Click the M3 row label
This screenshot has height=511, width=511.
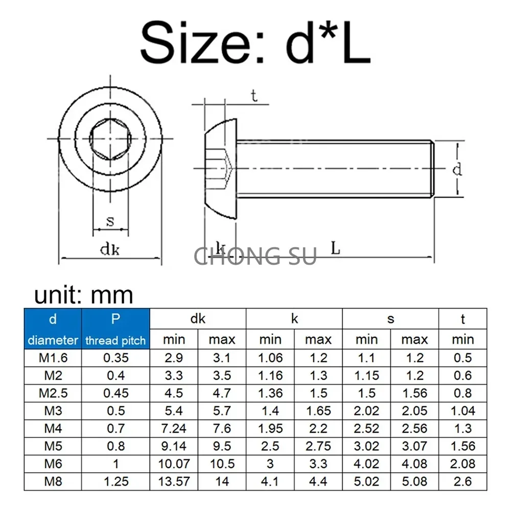(53, 411)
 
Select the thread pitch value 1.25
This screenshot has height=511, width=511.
(115, 481)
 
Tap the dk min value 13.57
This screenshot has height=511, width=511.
(174, 481)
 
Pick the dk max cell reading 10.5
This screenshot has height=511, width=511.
(222, 464)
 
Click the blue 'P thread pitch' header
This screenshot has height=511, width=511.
(115, 329)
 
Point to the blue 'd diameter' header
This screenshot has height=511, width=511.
(53, 329)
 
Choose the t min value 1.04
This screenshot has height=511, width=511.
(463, 411)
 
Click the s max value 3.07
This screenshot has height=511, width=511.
(414, 446)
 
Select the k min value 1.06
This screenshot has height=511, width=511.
(270, 358)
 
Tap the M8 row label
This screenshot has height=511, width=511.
(53, 481)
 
